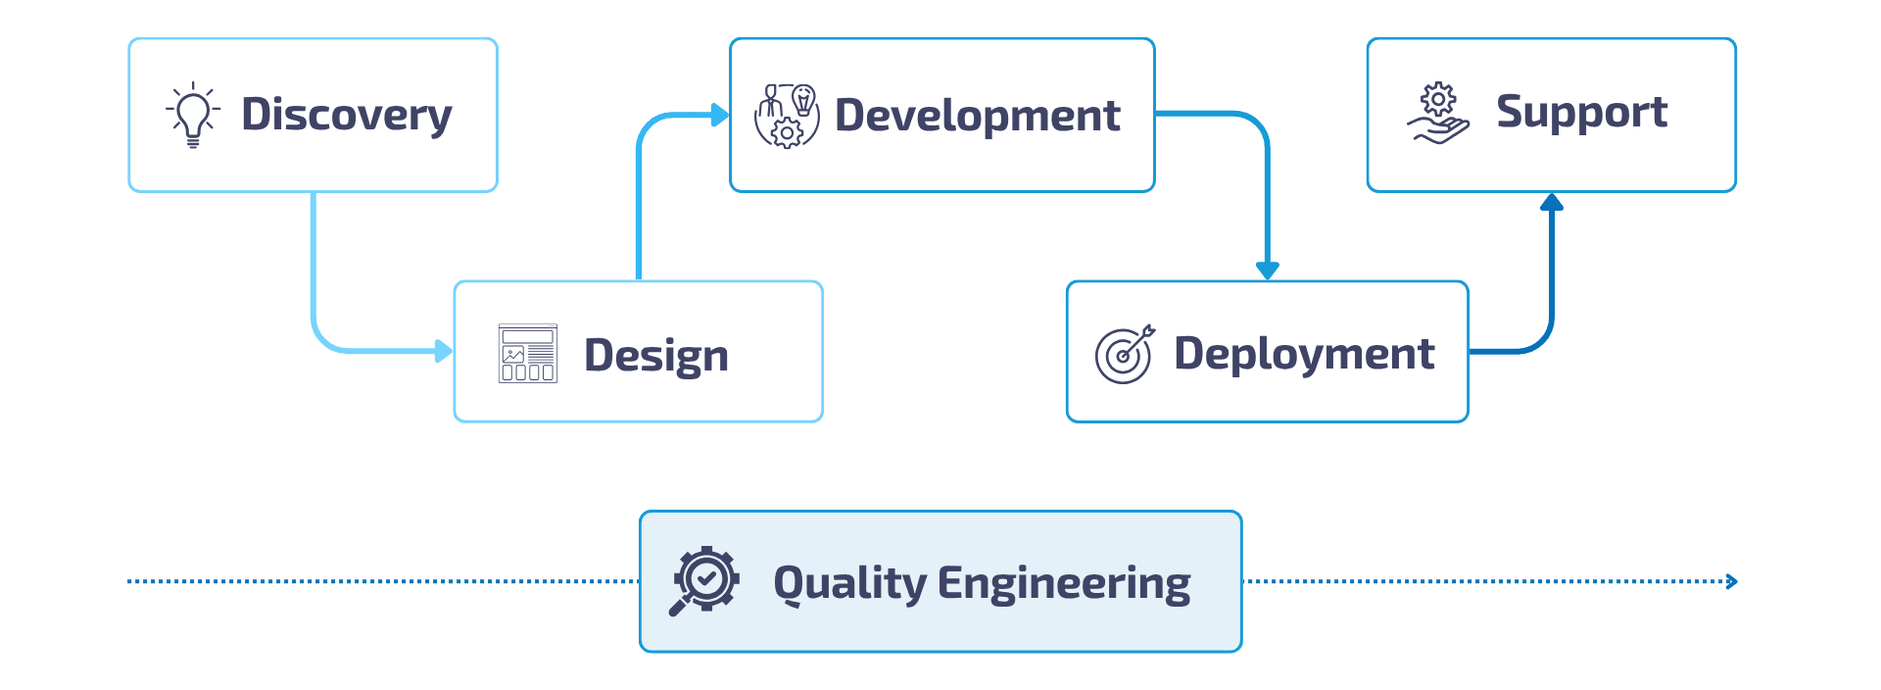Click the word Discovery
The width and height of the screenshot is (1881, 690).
pyautogui.click(x=346, y=115)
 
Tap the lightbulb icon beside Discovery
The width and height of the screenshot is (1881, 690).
pyautogui.click(x=193, y=115)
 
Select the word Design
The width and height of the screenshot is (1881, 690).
pyautogui.click(x=655, y=355)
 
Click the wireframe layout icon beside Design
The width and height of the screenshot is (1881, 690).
pyautogui.click(x=528, y=353)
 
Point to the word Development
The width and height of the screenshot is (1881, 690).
pyautogui.click(x=977, y=116)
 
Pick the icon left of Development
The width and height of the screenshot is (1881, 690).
pyautogui.click(x=786, y=116)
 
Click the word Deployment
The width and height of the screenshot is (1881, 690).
pyautogui.click(x=1304, y=354)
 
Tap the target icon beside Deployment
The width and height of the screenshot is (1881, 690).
pyautogui.click(x=1125, y=354)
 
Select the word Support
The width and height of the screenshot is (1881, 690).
pyautogui.click(x=1581, y=113)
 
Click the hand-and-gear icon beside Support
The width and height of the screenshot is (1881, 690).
pyautogui.click(x=1438, y=114)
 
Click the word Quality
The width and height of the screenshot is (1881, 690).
pyautogui.click(x=849, y=583)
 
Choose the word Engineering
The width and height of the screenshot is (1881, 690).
pyautogui.click(x=1064, y=583)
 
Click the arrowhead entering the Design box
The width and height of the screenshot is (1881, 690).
pyautogui.click(x=444, y=351)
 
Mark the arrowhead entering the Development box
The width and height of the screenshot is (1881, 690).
pyautogui.click(x=720, y=116)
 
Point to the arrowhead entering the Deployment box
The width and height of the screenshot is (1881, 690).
pyautogui.click(x=1268, y=271)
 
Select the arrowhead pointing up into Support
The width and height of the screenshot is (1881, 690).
pyautogui.click(x=1551, y=203)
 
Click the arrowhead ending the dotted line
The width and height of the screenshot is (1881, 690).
pyautogui.click(x=1732, y=582)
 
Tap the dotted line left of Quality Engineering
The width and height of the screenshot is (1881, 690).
pyautogui.click(x=382, y=582)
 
